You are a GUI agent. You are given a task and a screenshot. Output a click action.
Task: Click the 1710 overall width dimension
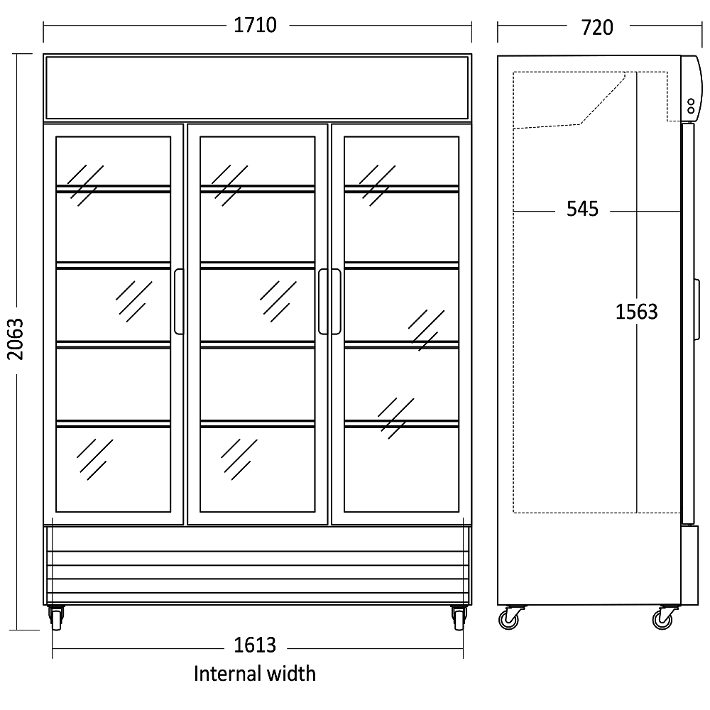[255, 26]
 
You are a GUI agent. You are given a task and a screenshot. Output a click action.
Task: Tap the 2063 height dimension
[16, 339]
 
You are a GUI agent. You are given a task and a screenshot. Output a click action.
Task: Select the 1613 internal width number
[255, 645]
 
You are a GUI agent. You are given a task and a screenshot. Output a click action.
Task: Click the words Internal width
[254, 673]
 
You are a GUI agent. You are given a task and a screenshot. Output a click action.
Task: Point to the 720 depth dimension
[597, 28]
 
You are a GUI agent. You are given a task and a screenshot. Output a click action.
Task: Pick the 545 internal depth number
[583, 209]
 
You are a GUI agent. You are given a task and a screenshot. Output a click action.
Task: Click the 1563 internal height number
[636, 312]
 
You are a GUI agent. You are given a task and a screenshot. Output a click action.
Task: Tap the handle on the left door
[178, 302]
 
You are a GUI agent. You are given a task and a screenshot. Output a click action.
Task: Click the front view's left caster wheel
[56, 618]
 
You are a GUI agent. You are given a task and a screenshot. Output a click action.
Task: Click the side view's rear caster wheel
[509, 618]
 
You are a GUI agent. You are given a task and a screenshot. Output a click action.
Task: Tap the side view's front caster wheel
[663, 618]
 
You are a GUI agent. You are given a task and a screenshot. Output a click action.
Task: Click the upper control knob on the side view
[691, 102]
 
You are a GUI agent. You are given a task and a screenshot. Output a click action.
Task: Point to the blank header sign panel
[257, 87]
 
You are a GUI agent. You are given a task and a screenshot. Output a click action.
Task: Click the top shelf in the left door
[113, 189]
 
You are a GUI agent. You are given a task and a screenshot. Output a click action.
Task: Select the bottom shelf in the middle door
[257, 425]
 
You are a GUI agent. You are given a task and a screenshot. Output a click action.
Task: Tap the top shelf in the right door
[401, 189]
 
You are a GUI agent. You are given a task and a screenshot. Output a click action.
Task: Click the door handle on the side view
[697, 310]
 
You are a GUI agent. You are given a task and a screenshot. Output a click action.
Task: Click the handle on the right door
[336, 302]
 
